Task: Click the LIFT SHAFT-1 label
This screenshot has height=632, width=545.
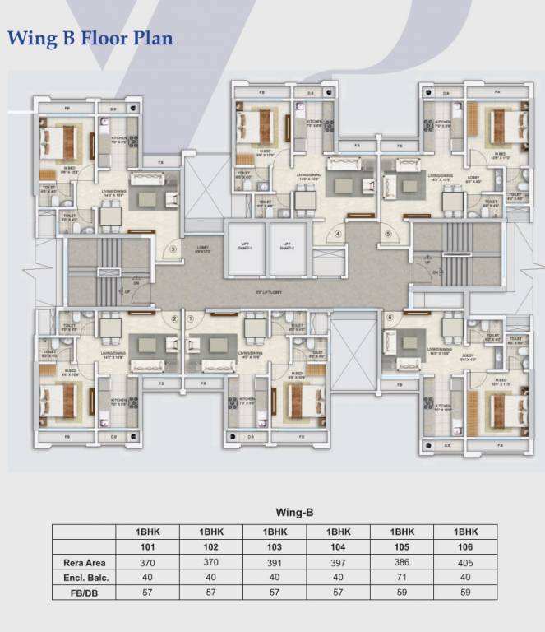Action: tap(244, 244)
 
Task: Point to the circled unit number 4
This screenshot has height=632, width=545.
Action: tap(338, 233)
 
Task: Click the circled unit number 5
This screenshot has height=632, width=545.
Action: tap(389, 233)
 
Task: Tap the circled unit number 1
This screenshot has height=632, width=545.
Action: tap(191, 318)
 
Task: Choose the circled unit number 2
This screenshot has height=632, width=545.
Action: tap(174, 318)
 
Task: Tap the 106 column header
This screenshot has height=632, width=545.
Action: tap(466, 547)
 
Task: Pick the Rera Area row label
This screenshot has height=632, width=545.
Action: tap(83, 563)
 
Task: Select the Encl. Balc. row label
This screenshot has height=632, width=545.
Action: tap(83, 578)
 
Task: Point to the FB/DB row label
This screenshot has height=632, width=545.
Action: tap(83, 592)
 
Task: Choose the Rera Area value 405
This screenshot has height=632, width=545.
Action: tap(466, 563)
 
